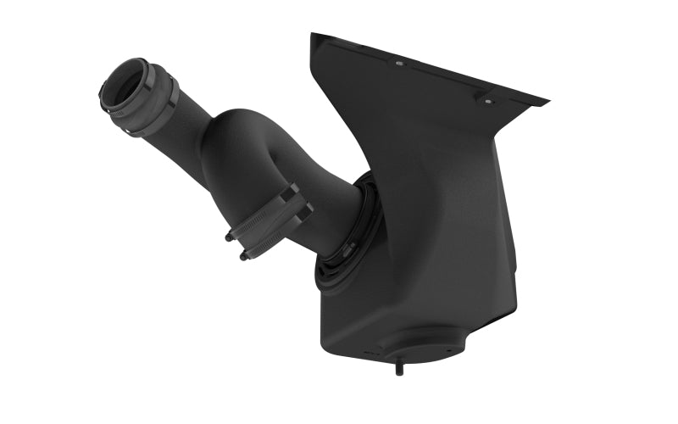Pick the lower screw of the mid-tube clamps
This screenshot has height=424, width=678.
pyautogui.click(x=243, y=255)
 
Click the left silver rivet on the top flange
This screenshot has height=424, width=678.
pyautogui.click(x=399, y=63)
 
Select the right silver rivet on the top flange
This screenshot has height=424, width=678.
pyautogui.click(x=487, y=101)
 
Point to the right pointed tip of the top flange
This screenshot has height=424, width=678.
pyautogui.click(x=547, y=103)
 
